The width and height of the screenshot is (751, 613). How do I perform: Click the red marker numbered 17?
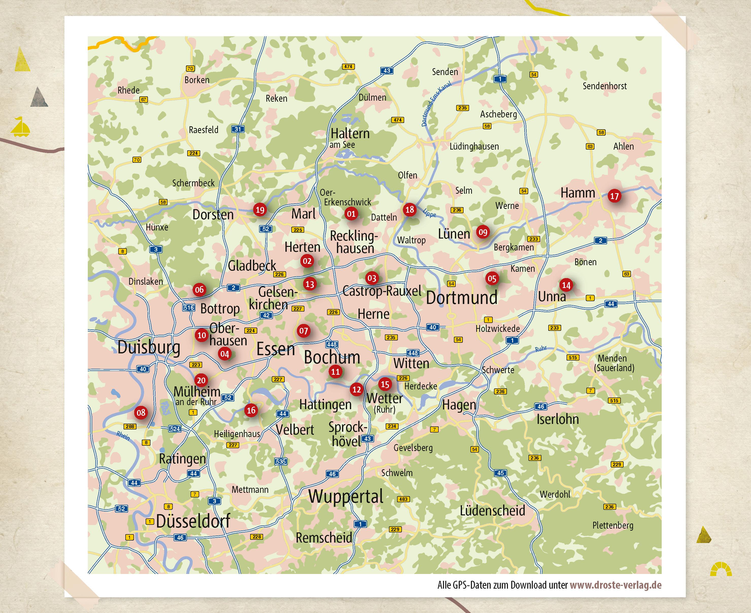[x=614, y=196]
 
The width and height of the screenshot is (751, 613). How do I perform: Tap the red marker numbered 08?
[x=141, y=412]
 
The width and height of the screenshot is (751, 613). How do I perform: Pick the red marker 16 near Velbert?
[x=251, y=410]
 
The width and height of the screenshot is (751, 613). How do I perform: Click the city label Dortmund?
[x=462, y=297]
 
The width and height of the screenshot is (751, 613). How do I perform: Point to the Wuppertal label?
[x=346, y=496]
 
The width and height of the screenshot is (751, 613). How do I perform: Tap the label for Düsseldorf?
[x=193, y=521]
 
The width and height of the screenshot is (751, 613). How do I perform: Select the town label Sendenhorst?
[x=604, y=86]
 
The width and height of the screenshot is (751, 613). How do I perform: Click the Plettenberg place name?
[x=613, y=526]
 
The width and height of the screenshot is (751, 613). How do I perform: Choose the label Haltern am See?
[x=350, y=138]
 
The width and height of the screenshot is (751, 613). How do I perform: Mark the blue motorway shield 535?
[x=281, y=461]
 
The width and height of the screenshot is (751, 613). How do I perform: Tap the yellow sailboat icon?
[x=20, y=127]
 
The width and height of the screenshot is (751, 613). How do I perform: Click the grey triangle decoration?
[x=39, y=97]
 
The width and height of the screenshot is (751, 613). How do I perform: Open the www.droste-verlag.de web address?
[x=615, y=585]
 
